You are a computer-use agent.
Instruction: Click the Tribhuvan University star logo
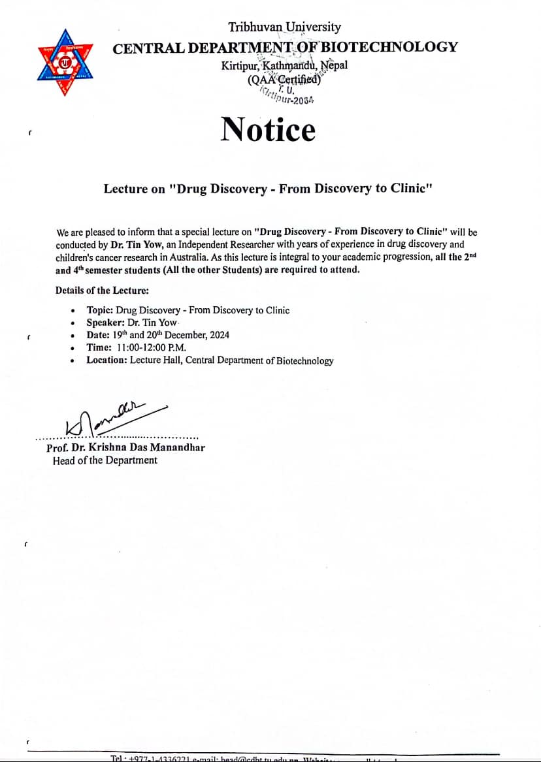click(x=64, y=62)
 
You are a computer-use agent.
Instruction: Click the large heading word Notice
click(x=268, y=129)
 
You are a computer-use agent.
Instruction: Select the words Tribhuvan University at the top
click(x=284, y=27)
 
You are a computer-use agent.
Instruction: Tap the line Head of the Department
click(x=105, y=460)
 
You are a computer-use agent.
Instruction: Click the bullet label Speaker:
click(x=105, y=323)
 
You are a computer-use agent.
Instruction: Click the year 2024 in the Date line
click(x=218, y=335)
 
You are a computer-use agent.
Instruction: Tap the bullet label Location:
click(x=107, y=360)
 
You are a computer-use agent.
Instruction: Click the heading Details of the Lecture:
click(x=102, y=291)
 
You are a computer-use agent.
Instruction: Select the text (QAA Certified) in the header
click(x=284, y=80)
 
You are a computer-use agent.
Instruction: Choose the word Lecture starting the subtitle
click(x=126, y=189)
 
